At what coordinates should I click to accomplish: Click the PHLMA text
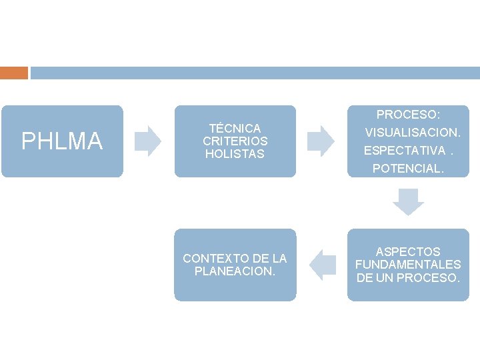click(62, 141)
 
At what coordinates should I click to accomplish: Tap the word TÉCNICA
click(235, 128)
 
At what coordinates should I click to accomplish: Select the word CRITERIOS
click(235, 141)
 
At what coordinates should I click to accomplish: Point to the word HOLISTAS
click(235, 154)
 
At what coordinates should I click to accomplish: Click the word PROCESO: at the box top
click(409, 115)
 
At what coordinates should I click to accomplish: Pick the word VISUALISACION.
click(413, 133)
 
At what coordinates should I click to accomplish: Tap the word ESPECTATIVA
click(404, 151)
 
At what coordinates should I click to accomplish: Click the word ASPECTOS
click(408, 252)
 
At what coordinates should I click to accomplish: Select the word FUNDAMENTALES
click(408, 265)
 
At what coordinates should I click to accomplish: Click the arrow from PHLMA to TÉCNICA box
click(148, 141)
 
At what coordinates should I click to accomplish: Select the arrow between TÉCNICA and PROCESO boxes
click(321, 141)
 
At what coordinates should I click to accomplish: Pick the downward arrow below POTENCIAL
click(408, 202)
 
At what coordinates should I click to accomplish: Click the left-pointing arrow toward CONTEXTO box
click(322, 265)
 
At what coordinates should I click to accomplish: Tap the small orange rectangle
click(14, 73)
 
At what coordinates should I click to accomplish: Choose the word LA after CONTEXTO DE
click(280, 259)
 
